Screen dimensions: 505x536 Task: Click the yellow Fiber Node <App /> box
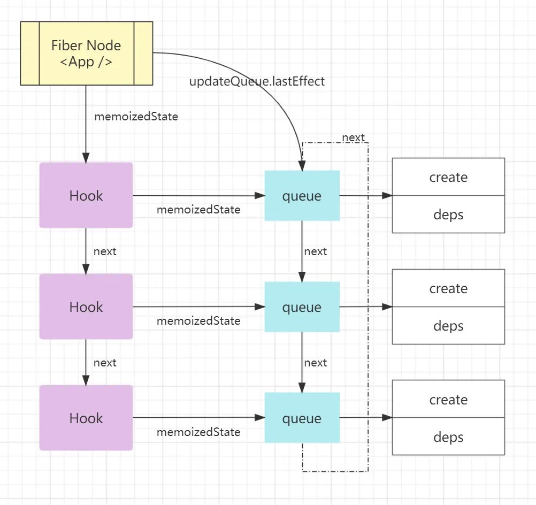[x=87, y=53]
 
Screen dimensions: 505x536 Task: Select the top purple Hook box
[x=86, y=195]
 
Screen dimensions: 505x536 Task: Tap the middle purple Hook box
[x=86, y=307]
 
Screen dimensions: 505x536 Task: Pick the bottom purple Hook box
[x=86, y=418]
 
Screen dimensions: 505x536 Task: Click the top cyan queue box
[x=302, y=196]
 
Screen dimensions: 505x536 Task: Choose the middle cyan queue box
[x=302, y=307]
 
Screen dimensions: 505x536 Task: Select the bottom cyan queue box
[x=302, y=418]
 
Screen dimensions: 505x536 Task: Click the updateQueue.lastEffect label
[x=257, y=81]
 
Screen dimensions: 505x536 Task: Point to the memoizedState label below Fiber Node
[x=136, y=116]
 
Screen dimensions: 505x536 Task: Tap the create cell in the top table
[x=448, y=177]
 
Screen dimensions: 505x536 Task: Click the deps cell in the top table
[x=448, y=215]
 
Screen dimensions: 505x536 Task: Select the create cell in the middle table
[x=448, y=288]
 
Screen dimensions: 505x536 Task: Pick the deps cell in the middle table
[x=448, y=326]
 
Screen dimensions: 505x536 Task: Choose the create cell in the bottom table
[x=448, y=400]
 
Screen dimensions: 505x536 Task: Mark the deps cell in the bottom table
[x=448, y=437]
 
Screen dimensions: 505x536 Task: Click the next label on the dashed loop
[x=354, y=137]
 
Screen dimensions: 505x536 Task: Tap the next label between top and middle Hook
[x=105, y=251]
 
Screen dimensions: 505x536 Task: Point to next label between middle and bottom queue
[x=316, y=363]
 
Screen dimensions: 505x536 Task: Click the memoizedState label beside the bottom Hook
[x=198, y=432]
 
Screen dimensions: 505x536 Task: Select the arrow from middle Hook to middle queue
[x=198, y=307]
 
